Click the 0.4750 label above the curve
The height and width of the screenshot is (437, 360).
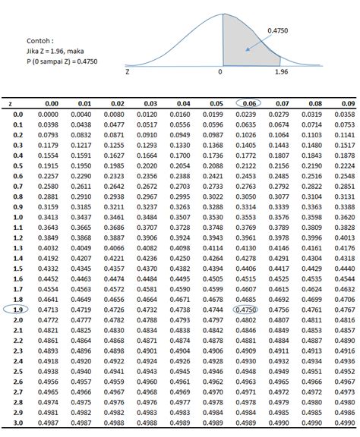[x=277, y=31]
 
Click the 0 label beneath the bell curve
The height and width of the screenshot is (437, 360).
[x=221, y=72]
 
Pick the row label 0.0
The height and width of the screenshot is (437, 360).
[x=17, y=113]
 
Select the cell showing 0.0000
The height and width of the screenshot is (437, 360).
[x=49, y=113]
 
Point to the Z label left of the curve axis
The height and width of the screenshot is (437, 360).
[x=128, y=72]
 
